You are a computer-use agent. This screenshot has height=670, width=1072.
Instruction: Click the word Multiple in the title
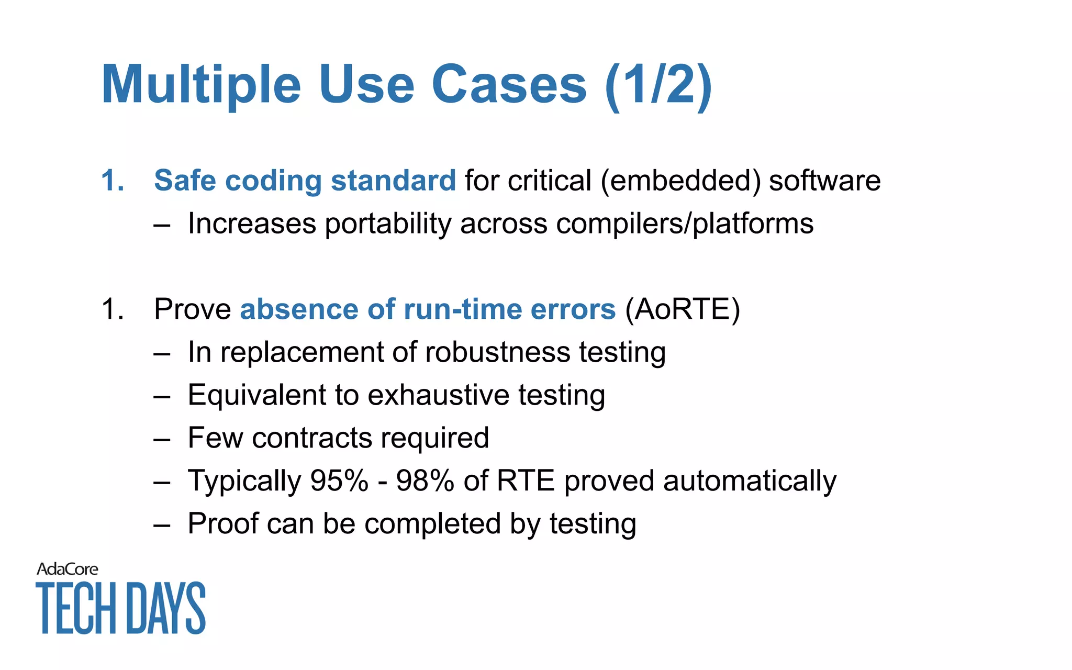[201, 85]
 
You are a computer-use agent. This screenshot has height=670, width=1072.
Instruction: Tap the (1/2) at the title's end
[658, 85]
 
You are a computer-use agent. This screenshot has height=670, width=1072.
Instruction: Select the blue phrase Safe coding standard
[305, 181]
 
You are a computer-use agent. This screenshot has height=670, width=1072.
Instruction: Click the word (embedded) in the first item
[680, 181]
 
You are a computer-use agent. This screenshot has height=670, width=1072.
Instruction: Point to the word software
[824, 181]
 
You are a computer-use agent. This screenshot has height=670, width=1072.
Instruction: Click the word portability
[388, 224]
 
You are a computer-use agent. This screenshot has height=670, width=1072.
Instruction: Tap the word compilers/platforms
[685, 224]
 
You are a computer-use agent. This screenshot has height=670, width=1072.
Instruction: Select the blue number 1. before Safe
[113, 181]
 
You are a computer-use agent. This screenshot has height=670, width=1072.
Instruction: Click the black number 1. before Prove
[113, 309]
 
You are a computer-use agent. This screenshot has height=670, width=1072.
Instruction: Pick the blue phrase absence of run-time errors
[428, 309]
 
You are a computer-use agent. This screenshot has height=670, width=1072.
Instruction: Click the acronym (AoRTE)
[683, 309]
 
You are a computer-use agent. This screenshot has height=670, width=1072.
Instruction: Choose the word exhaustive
[438, 395]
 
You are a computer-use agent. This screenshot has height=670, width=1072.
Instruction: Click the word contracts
[311, 438]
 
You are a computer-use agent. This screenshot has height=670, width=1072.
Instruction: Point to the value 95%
[339, 481]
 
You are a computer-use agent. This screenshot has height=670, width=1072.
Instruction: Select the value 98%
[425, 481]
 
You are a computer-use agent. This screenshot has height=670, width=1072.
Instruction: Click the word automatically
[750, 481]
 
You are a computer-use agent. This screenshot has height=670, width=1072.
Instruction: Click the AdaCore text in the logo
[67, 569]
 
